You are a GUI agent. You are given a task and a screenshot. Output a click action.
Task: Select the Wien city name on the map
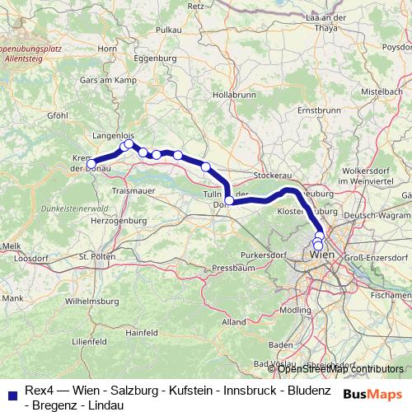(321, 255)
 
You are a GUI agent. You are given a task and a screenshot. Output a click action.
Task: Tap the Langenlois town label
(113, 132)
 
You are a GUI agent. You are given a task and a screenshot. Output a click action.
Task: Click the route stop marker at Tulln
(229, 200)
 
